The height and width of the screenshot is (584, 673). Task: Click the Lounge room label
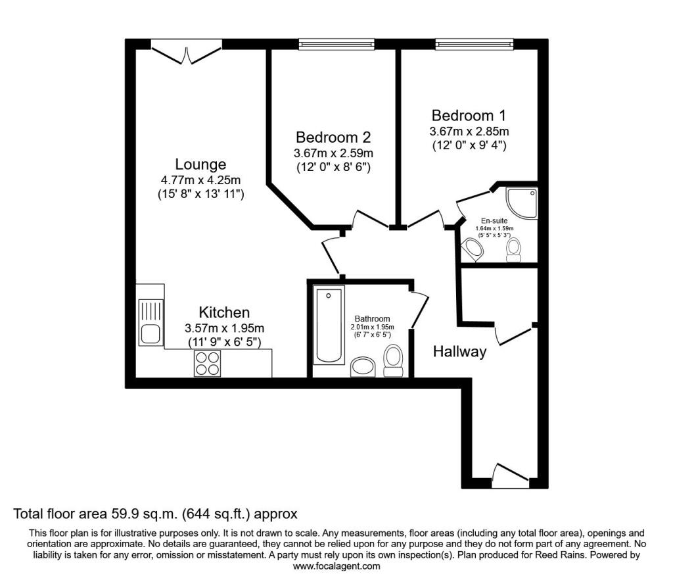click(200, 164)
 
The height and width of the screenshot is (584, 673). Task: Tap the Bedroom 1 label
click(469, 116)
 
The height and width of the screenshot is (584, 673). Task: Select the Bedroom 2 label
click(333, 137)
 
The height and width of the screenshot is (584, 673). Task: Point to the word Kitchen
click(224, 312)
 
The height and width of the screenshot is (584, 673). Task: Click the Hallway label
click(459, 352)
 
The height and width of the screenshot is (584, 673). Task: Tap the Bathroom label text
click(372, 318)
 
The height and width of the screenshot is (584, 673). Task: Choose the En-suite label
click(494, 221)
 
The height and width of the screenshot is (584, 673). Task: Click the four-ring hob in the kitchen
click(207, 363)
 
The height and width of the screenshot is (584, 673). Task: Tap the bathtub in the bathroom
click(329, 325)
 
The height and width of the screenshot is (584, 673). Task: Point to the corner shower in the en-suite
click(521, 203)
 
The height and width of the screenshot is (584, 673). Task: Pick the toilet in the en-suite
click(513, 250)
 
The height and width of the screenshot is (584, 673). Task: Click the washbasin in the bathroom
click(363, 367)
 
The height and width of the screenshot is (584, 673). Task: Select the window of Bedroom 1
click(475, 44)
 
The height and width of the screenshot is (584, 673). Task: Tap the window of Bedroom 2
click(336, 44)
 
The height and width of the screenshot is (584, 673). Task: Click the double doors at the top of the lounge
click(187, 52)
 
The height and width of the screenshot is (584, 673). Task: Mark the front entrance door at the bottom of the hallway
click(510, 476)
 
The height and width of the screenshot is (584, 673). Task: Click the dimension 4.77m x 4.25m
click(200, 180)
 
